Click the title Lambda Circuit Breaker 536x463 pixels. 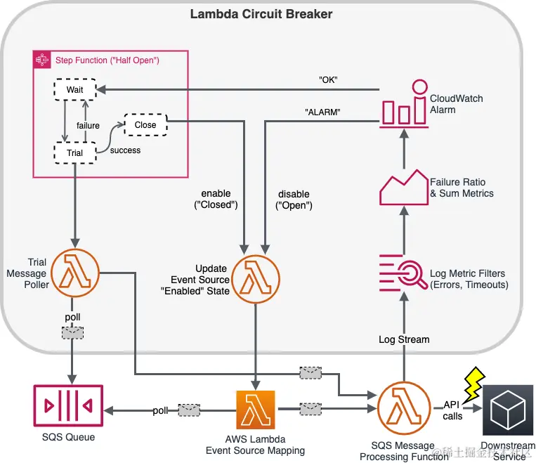click(261, 14)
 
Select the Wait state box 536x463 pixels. click(74, 90)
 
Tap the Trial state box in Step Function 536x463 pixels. click(75, 152)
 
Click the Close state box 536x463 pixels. click(145, 124)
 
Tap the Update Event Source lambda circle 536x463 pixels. click(255, 279)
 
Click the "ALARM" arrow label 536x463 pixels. click(322, 111)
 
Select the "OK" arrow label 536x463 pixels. click(327, 79)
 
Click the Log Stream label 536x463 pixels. click(404, 339)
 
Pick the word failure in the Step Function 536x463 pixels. click(89, 126)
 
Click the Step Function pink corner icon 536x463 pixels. click(42, 60)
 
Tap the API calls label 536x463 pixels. click(452, 410)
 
